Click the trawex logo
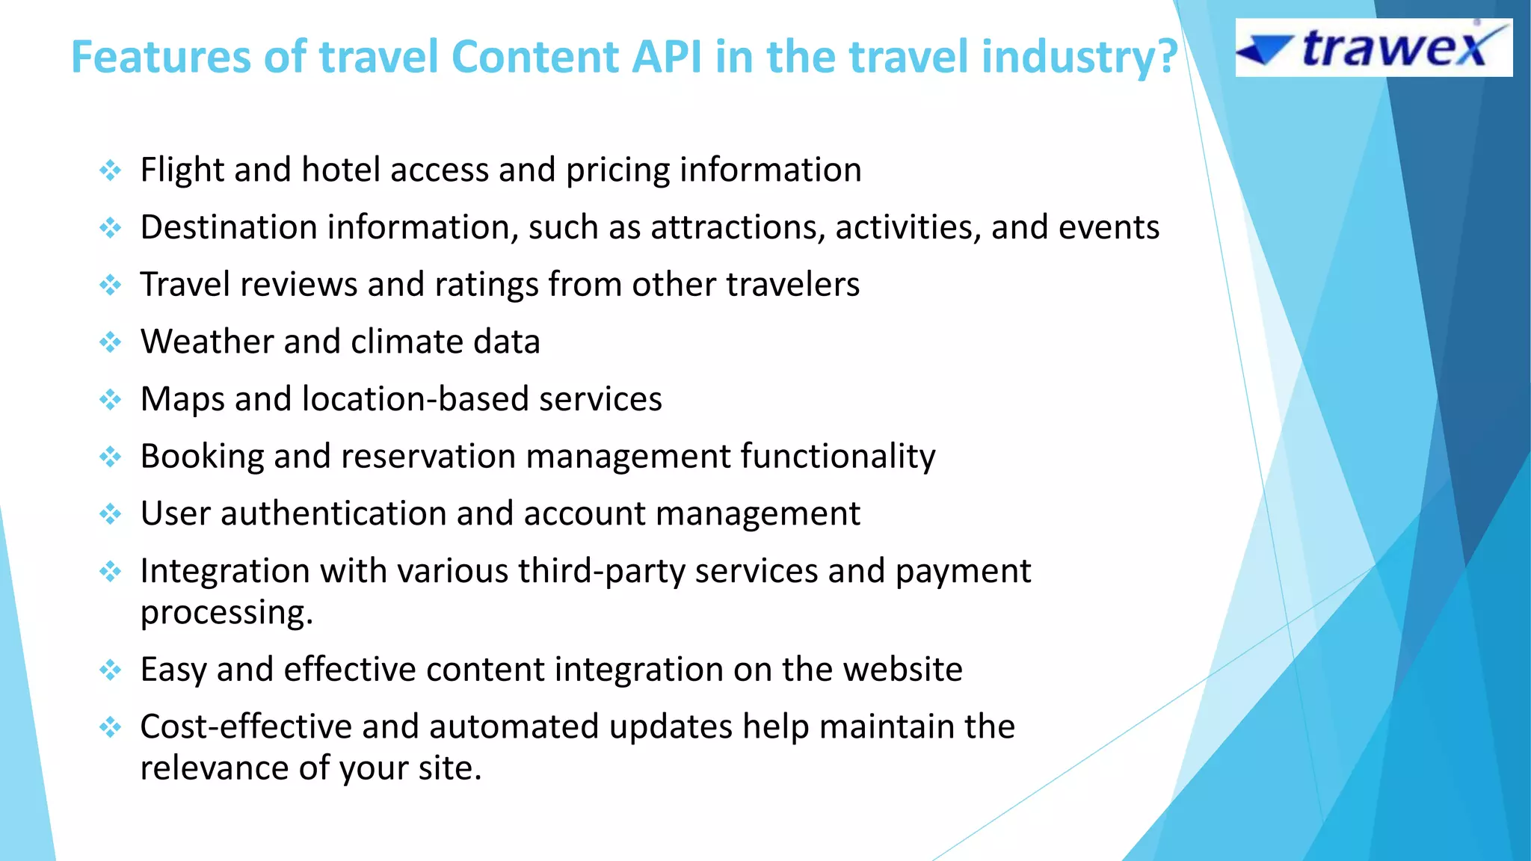1373,48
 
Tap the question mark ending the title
1165,57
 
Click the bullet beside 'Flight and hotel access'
111,170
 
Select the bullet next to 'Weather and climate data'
111,342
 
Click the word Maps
182,399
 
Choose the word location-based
415,399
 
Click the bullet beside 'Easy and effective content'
111,670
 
